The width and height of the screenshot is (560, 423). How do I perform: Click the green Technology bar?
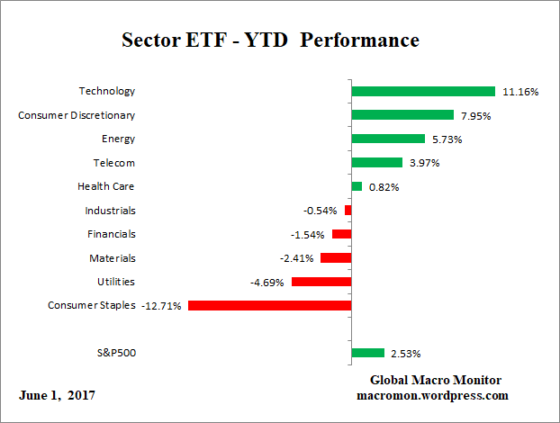click(x=423, y=91)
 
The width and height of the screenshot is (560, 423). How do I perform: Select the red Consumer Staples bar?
click(x=269, y=305)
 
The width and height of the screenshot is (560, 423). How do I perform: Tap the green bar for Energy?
click(x=387, y=139)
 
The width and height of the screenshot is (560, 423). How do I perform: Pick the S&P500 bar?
click(x=367, y=353)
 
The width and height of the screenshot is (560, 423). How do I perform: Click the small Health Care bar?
click(x=357, y=186)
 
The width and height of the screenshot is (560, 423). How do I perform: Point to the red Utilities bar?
click(x=321, y=282)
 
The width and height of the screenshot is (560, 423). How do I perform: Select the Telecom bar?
click(x=376, y=162)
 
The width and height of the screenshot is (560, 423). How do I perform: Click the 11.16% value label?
click(x=520, y=92)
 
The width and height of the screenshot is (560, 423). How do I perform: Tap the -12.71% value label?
click(x=161, y=306)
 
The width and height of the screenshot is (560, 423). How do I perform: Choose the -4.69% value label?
click(x=267, y=283)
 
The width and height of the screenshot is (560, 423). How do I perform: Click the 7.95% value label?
click(x=475, y=115)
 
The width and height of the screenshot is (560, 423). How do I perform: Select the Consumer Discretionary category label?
click(x=77, y=114)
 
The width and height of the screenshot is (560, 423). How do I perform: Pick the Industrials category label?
click(x=110, y=210)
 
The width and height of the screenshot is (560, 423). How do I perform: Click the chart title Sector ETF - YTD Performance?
click(x=270, y=40)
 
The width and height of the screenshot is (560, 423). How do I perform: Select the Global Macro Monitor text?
click(x=436, y=380)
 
